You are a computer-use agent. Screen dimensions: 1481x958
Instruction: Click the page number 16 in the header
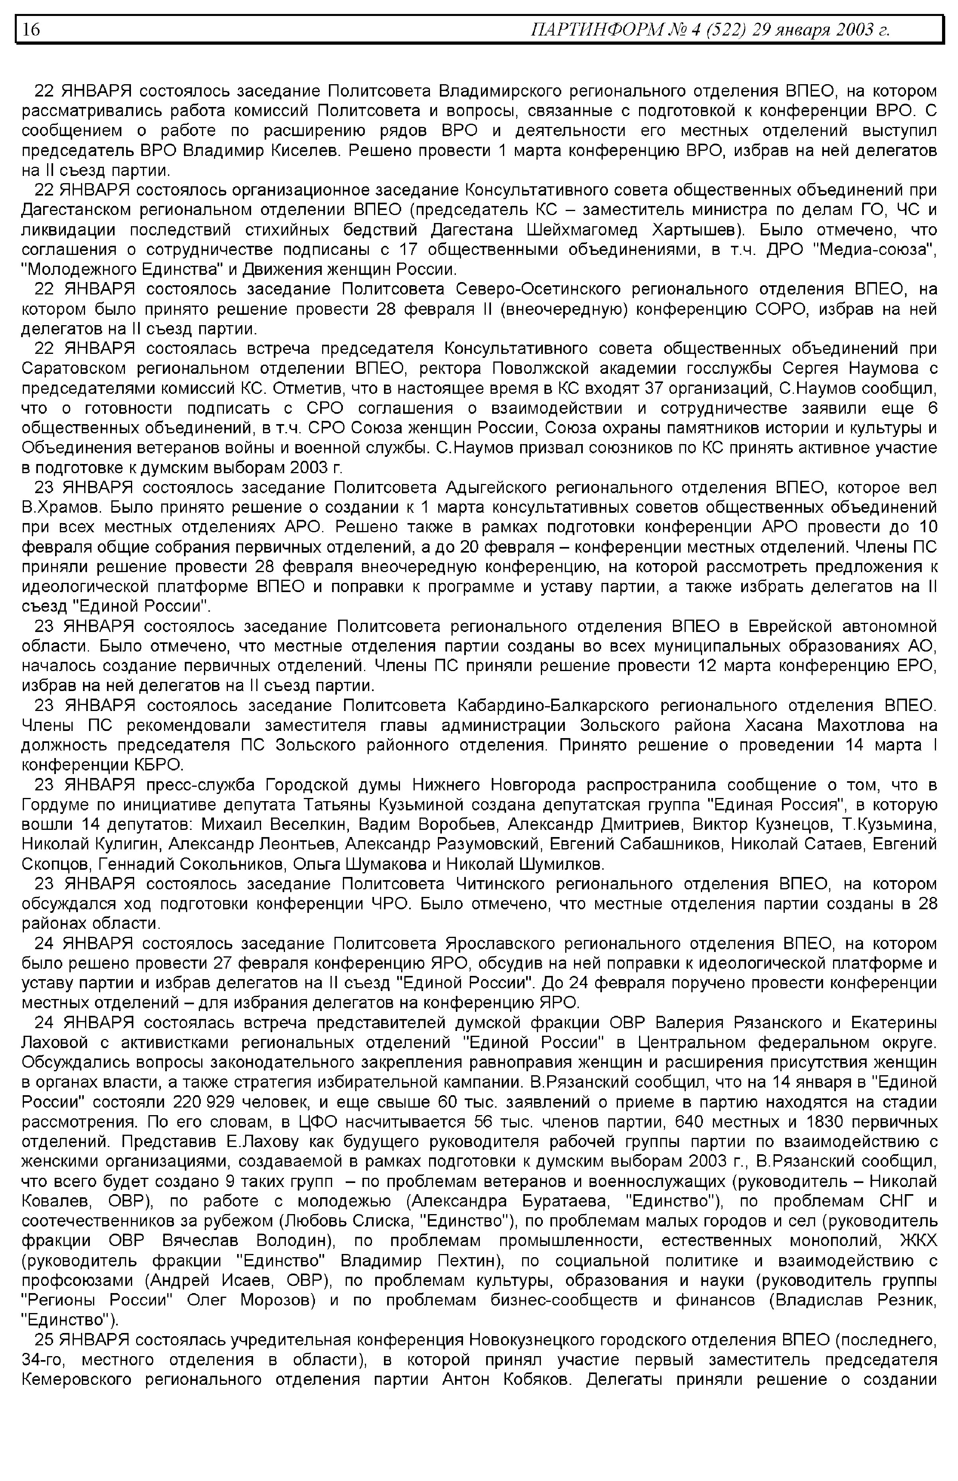32,29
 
